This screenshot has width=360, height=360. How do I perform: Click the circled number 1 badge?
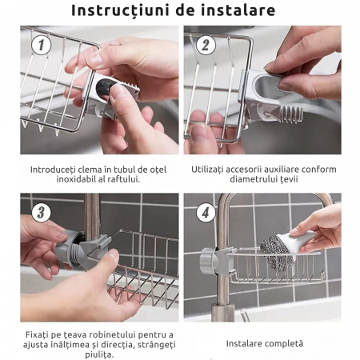41,45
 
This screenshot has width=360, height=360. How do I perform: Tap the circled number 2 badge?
206,45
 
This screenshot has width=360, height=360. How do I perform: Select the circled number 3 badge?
41,213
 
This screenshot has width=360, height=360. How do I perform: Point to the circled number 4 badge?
206,213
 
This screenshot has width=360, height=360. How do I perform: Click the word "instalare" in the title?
238,10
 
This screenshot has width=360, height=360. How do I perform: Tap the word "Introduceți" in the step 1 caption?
53,170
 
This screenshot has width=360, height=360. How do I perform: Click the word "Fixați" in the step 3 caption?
38,334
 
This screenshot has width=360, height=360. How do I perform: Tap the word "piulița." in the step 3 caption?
99,354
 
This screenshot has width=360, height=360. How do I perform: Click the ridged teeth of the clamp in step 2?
290,114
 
